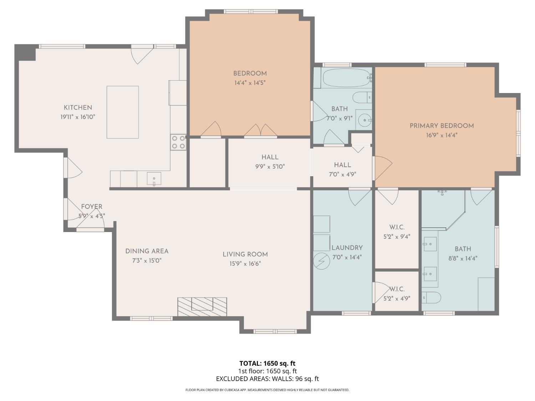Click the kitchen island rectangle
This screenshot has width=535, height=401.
pos(123,112)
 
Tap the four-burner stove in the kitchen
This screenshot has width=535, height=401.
pos(178,142)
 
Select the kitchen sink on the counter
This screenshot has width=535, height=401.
pos(154,179)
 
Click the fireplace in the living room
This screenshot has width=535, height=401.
pos(202,306)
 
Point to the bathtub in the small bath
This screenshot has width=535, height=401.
pos(346,77)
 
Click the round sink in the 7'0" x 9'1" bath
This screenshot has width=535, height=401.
pos(364,120)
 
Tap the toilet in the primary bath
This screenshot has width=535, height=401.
pos(431,297)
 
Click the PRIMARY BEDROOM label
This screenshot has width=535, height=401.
pos(442,126)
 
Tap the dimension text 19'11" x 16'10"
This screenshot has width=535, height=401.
pos(78,117)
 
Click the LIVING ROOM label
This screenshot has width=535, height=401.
pos(245,255)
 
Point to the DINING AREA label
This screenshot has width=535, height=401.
pos(147,251)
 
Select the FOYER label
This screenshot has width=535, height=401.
pos(92,207)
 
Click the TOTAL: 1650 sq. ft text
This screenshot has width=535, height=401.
pos(267,364)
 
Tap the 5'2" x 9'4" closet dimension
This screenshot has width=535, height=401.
pos(397,236)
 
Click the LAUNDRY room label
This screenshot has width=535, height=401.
pos(347,248)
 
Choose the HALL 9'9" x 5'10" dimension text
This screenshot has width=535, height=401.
pos(270,166)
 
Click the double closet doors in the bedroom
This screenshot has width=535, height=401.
pos(261,130)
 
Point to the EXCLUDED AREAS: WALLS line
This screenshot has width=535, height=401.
pos(267,379)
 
